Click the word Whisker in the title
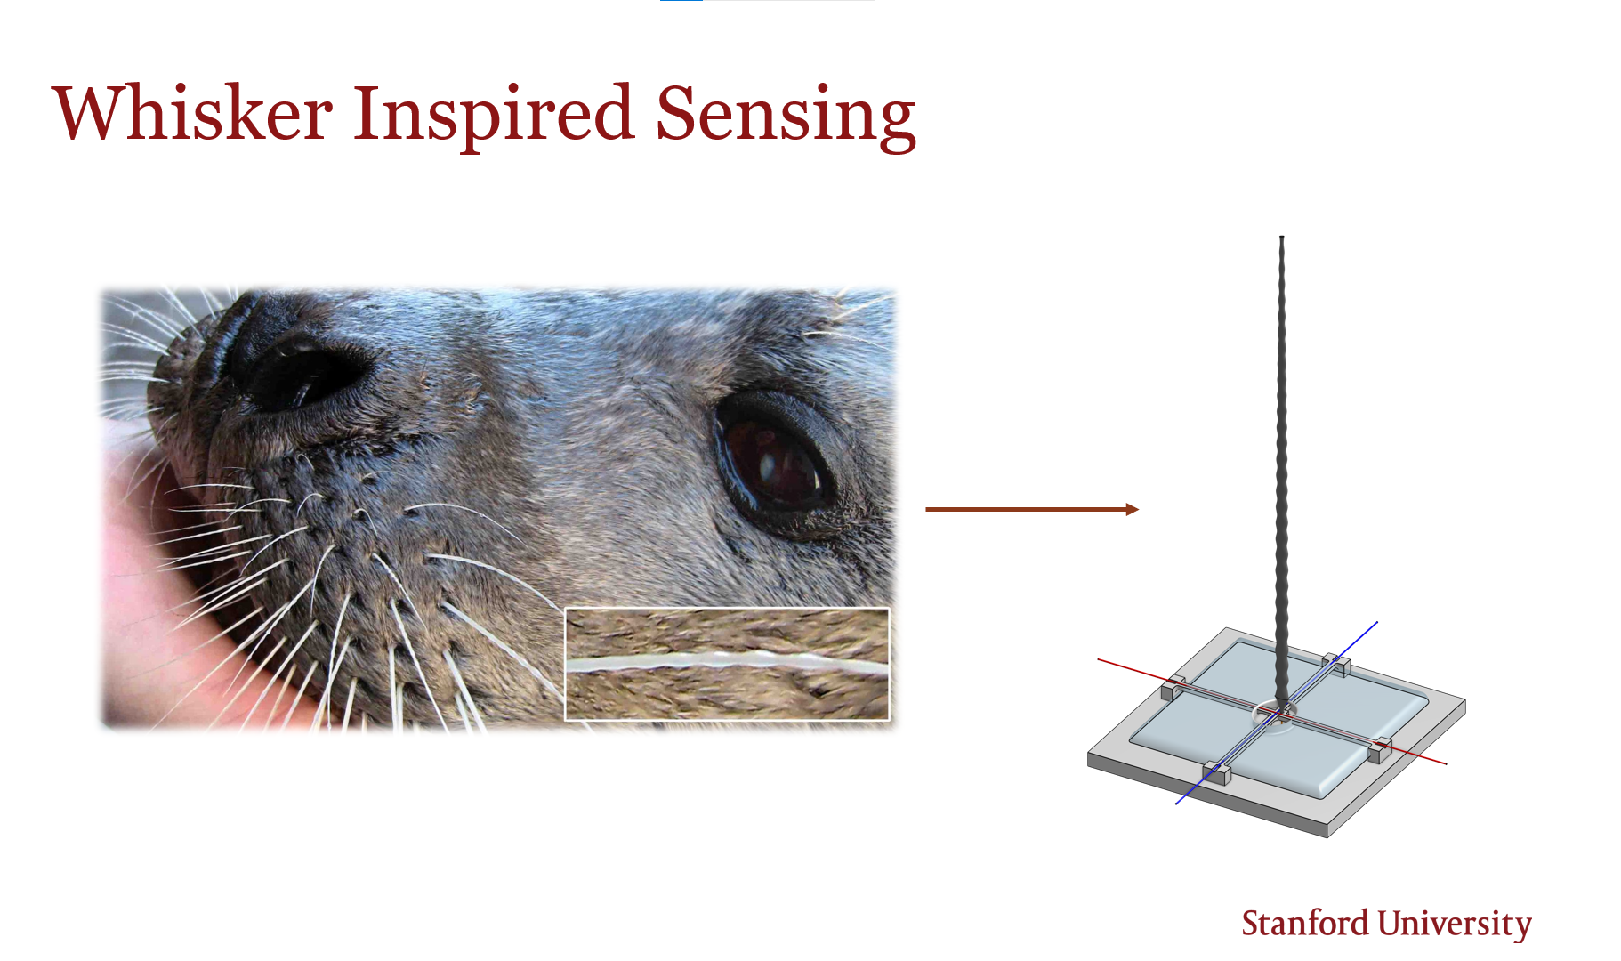[193, 113]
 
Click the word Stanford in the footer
[1305, 923]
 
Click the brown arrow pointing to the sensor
[1032, 509]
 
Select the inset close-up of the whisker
[727, 664]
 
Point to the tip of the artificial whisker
[1281, 237]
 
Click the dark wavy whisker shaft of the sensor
[1282, 472]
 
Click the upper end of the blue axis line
[1378, 622]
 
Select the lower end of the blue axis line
[1176, 804]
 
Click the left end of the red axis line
[1098, 659]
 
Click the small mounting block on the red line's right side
[1380, 750]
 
